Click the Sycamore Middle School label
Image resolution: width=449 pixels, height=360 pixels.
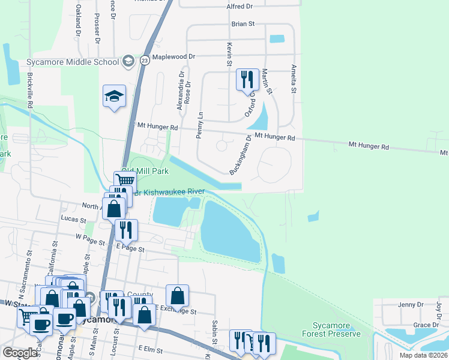(x=73, y=62)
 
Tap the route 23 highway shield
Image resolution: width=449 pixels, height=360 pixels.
(x=145, y=60)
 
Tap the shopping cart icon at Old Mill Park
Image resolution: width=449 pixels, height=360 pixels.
(x=125, y=181)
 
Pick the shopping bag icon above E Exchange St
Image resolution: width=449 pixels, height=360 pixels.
(x=177, y=295)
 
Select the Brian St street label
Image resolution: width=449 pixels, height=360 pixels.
(x=243, y=24)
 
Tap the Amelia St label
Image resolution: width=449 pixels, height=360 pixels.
(x=294, y=79)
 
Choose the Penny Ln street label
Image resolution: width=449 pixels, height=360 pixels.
(x=200, y=125)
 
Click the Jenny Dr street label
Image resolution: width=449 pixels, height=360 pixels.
(x=411, y=305)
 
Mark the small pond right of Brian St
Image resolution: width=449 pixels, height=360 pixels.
(x=277, y=39)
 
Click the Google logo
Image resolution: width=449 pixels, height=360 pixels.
(x=20, y=353)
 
